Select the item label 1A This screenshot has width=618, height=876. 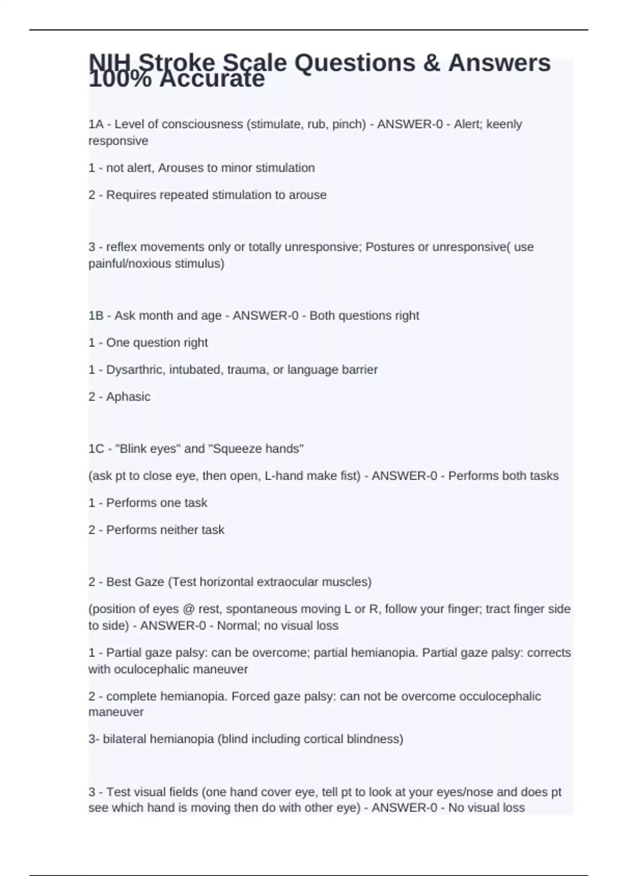pos(96,124)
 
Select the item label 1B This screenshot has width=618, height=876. pos(96,315)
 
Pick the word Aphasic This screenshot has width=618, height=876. pos(128,397)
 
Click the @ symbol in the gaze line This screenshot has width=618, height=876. pos(187,609)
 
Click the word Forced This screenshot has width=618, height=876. pos(248,696)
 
